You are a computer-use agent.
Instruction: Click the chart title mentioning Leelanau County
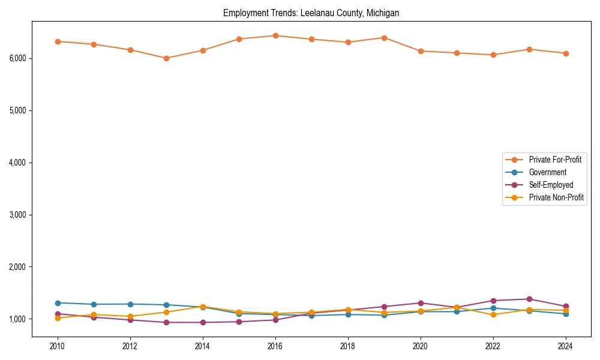[x=311, y=13]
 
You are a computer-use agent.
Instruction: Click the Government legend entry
[x=547, y=172]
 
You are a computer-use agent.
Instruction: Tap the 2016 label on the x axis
[x=275, y=346]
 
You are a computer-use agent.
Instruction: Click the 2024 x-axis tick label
[x=565, y=346]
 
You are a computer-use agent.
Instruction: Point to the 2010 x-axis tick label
[x=58, y=346]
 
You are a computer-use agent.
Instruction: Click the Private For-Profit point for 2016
[x=275, y=35]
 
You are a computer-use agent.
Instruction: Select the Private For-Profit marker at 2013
[x=166, y=58]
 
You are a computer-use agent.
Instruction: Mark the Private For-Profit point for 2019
[x=384, y=38]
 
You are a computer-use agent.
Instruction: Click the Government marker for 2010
[x=58, y=303]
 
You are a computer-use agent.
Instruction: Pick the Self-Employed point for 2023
[x=529, y=299]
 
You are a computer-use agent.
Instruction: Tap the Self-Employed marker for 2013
[x=166, y=322]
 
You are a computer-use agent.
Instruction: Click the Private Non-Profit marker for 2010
[x=58, y=318]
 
